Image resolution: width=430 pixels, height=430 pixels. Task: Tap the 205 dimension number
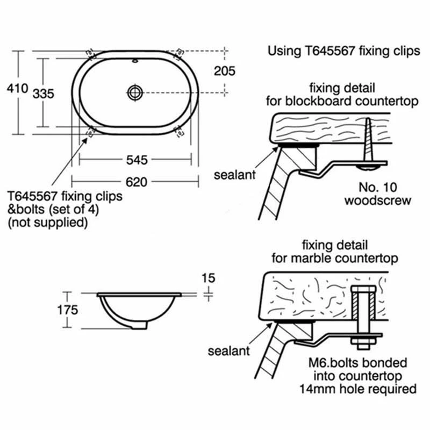pyautogui.click(x=225, y=70)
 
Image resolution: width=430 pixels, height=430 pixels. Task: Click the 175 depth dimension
pyautogui.click(x=68, y=310)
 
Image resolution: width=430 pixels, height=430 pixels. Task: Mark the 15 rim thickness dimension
pyautogui.click(x=208, y=278)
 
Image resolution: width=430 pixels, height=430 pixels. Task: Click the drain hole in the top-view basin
pyautogui.click(x=135, y=92)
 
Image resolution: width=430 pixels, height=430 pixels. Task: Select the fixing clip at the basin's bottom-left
pyautogui.click(x=90, y=131)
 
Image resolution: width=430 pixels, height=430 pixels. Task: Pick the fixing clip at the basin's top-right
pyautogui.click(x=179, y=52)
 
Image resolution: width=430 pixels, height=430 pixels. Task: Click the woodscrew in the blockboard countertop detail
pyautogui.click(x=368, y=142)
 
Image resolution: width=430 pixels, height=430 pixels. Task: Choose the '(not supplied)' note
pyautogui.click(x=47, y=222)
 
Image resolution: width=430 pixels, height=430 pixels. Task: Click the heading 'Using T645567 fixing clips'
pyautogui.click(x=343, y=52)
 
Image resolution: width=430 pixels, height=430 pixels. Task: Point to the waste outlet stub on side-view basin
pyautogui.click(x=139, y=326)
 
